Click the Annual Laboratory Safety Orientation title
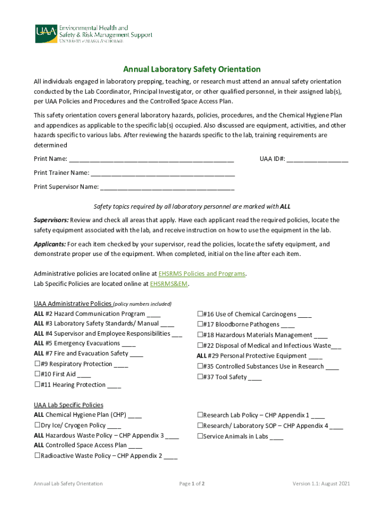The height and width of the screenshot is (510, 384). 192,69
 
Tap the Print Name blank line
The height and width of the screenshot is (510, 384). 151,160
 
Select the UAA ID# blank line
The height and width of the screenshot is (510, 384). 317,160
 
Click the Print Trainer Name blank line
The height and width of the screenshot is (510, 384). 163,174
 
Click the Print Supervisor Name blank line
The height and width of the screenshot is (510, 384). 167,188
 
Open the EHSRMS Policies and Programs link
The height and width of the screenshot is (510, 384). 202,274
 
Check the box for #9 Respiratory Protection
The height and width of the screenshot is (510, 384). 37,364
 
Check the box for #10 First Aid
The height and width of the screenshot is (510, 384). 37,374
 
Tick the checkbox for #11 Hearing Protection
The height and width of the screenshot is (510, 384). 37,384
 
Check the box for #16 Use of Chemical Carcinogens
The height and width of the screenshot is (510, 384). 200,314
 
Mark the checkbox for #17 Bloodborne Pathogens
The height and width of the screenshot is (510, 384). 200,325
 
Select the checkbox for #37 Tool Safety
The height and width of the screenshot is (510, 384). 200,377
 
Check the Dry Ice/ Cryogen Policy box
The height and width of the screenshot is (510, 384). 37,425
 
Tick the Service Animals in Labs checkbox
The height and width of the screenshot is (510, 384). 200,436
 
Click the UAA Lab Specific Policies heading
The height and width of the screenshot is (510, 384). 68,405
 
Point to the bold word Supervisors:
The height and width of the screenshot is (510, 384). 51,220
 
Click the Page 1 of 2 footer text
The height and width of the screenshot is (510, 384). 192,484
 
